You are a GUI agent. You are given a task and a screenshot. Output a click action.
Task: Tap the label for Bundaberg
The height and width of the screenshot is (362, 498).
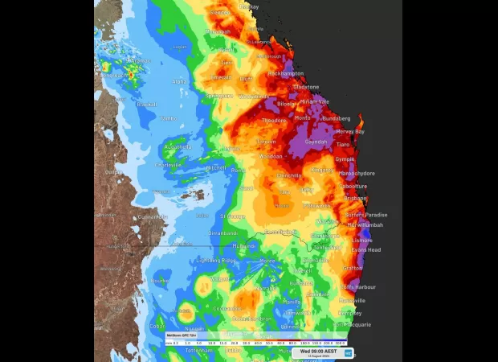[x=336, y=118]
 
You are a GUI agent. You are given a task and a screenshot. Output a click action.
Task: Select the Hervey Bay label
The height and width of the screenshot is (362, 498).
[x=349, y=131]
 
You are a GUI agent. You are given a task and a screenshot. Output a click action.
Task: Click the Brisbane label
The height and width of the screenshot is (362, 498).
[x=354, y=198]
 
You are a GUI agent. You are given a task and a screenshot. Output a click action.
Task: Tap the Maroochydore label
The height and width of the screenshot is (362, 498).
[x=357, y=172]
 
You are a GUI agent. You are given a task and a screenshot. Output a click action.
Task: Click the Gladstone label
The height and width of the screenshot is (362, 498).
[x=305, y=87]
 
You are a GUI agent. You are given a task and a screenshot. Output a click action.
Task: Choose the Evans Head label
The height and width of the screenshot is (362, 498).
[x=365, y=250]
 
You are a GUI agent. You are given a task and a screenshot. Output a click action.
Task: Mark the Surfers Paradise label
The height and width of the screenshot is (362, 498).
[x=366, y=215]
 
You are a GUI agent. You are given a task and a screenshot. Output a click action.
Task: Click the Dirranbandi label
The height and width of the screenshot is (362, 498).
[x=223, y=232]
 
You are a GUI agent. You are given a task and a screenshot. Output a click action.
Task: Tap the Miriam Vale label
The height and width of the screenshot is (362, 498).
[x=314, y=102]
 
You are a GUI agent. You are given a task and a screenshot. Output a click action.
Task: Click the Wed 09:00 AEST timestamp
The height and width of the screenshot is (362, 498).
[x=318, y=352]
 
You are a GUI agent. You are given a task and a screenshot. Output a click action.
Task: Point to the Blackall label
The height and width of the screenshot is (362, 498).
[x=145, y=104]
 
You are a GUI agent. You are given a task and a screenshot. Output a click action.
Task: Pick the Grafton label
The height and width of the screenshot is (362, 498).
[x=353, y=269]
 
